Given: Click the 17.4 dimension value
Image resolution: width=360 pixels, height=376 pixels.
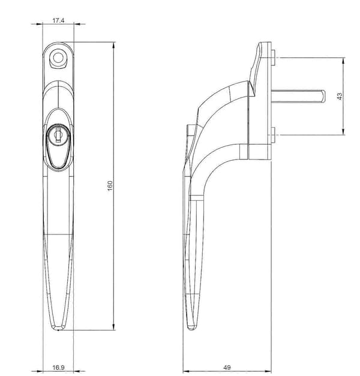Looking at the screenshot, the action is [58, 20].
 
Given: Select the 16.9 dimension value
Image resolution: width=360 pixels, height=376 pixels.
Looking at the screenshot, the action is [58, 368].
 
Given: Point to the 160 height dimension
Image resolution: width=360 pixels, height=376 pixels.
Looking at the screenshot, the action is [110, 186].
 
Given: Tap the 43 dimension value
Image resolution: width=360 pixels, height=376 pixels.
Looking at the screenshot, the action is [340, 96].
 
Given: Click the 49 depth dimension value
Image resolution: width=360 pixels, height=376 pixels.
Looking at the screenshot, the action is [227, 368].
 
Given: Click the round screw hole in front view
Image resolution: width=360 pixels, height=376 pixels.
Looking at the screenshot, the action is [58, 58].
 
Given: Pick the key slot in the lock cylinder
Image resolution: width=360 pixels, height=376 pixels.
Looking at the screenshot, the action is [58, 135].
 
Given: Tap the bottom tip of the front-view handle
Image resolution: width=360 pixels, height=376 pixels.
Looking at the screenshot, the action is [58, 330].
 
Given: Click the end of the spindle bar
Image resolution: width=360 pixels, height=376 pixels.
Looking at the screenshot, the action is [323, 96].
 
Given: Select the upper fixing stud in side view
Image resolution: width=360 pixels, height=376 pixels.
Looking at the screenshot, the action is [273, 58].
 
